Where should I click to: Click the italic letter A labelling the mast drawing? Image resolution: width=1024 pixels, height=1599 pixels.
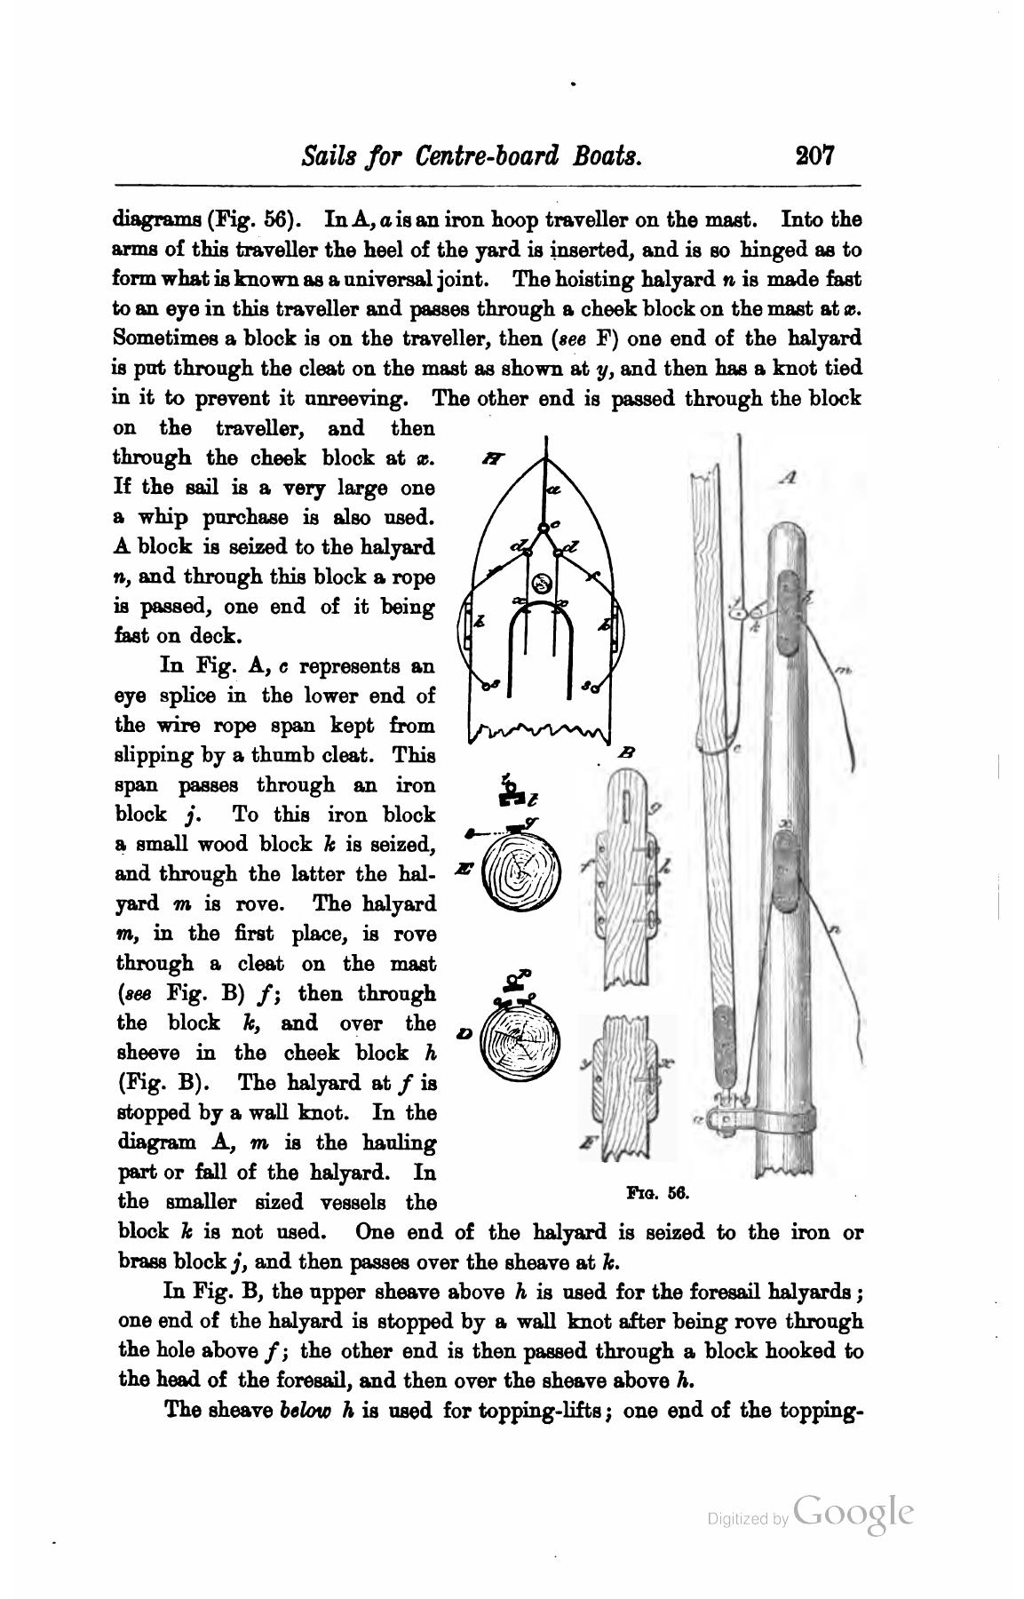(788, 478)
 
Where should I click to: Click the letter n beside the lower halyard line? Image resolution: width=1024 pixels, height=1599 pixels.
(835, 930)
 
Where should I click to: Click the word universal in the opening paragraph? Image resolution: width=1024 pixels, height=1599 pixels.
(348, 279)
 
